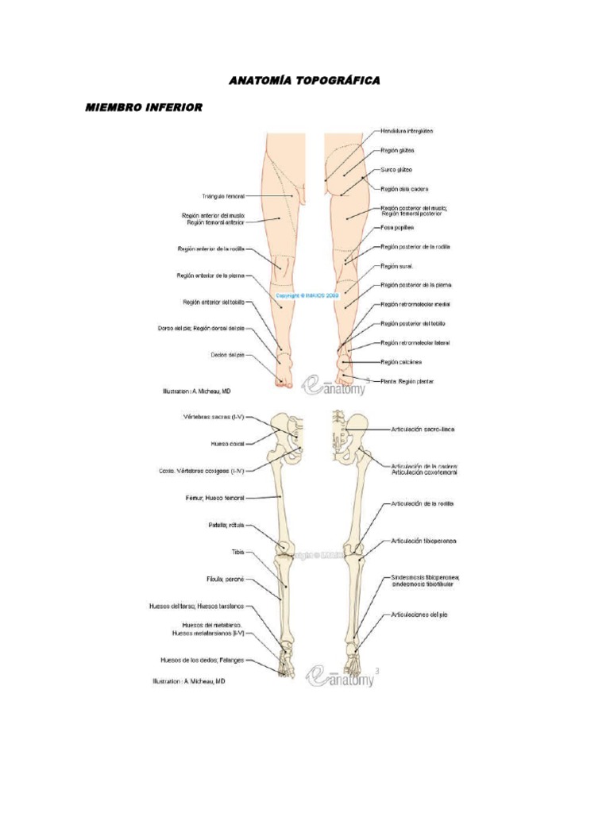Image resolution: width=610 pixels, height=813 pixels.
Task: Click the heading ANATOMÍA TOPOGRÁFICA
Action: pos(305,81)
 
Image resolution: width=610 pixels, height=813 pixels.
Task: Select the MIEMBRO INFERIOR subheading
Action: pos(144,107)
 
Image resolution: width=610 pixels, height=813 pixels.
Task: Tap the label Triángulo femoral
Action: pos(223,195)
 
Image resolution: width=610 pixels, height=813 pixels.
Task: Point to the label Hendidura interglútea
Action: pos(407,130)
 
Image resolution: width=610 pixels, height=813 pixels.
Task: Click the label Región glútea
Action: pos(397,150)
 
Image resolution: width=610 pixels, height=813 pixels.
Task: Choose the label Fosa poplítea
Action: pos(399,228)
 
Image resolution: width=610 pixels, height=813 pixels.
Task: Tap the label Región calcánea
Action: pos(401,362)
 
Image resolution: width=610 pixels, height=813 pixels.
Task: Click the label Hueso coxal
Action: pos(227,443)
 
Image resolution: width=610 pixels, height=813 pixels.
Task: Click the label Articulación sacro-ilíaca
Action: pos(422,429)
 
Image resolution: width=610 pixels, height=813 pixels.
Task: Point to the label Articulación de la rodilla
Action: pos(422,503)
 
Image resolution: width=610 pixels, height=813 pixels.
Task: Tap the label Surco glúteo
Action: pos(396,170)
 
